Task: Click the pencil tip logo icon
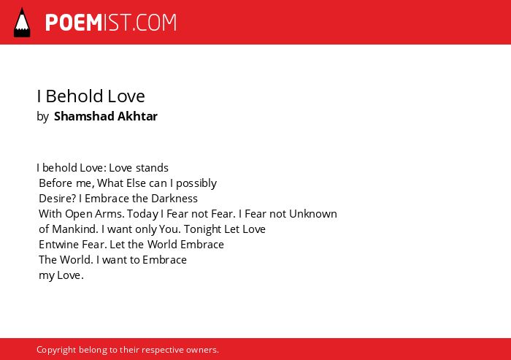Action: [22, 23]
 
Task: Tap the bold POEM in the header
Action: [74, 23]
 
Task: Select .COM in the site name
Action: [155, 23]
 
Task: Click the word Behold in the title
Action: [74, 96]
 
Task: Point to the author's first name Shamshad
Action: [84, 116]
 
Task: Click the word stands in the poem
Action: [152, 168]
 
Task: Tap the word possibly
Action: [196, 183]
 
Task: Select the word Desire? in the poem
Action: [58, 199]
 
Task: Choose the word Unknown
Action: [313, 213]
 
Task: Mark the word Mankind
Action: [74, 229]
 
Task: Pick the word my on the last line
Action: [47, 275]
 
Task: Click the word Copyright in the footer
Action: [56, 350]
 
